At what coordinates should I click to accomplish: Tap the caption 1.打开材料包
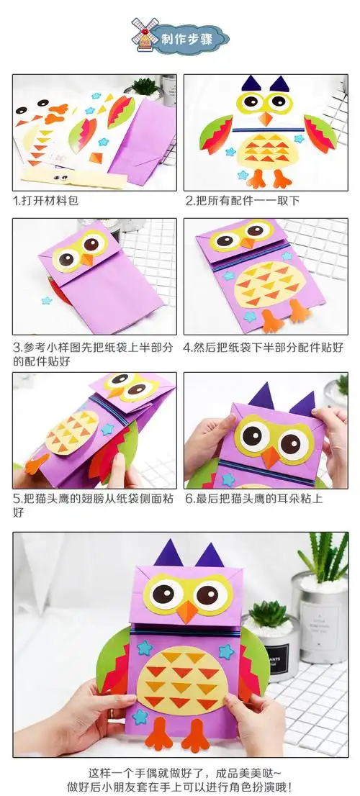click(46, 201)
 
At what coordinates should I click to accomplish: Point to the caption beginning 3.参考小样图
click(93, 348)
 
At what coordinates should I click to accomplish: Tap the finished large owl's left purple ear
click(168, 555)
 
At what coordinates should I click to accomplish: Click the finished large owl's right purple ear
click(210, 556)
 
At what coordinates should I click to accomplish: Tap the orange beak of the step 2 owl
click(266, 118)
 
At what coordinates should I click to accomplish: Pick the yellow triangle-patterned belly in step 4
click(266, 284)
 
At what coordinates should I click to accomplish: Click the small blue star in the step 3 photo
click(47, 300)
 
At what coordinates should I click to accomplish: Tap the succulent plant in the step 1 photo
click(145, 87)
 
